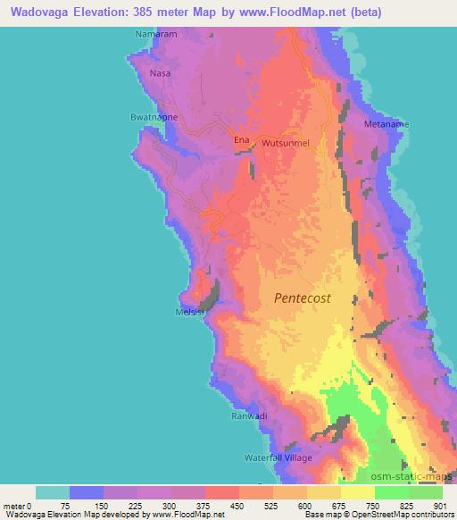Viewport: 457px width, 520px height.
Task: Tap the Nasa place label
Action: point(160,73)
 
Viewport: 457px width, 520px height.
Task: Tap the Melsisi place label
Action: point(189,312)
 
